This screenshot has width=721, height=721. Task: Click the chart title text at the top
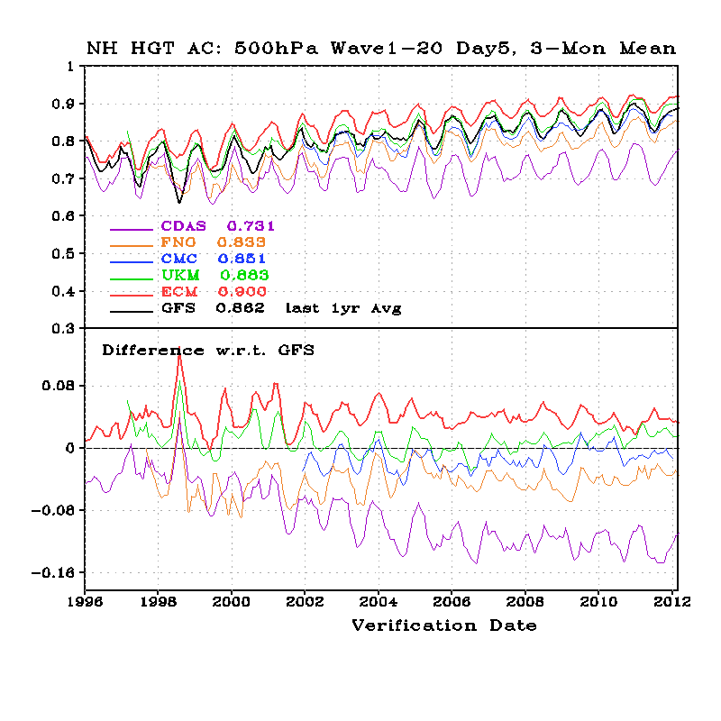381,48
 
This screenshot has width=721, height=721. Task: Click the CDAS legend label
183,226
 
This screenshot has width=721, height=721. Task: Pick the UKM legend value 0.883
245,275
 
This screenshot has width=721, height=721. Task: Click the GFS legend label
179,308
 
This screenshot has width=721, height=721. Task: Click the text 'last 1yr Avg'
343,308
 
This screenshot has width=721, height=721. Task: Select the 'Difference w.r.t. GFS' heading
207,350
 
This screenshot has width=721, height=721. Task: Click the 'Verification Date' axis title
443,625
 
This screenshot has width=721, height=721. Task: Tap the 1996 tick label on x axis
85,599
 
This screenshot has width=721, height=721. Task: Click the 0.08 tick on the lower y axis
59,386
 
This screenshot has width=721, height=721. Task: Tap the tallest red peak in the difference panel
179,353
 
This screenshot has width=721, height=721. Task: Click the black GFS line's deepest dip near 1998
178,202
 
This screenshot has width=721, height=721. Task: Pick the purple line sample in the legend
129,227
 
